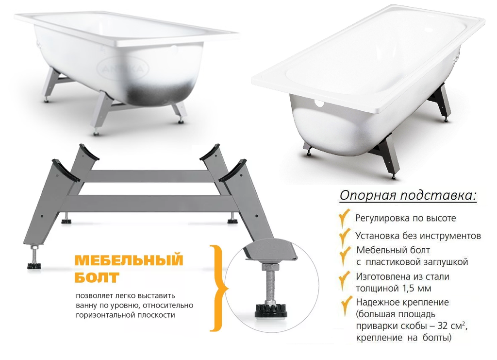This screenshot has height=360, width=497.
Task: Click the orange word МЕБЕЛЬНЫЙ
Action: point(129,260)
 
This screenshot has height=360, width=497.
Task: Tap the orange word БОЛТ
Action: point(97,277)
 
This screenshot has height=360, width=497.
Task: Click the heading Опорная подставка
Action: point(408,196)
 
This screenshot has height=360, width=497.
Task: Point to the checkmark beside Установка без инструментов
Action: point(345,236)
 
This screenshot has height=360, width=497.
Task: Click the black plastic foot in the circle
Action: point(271,310)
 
